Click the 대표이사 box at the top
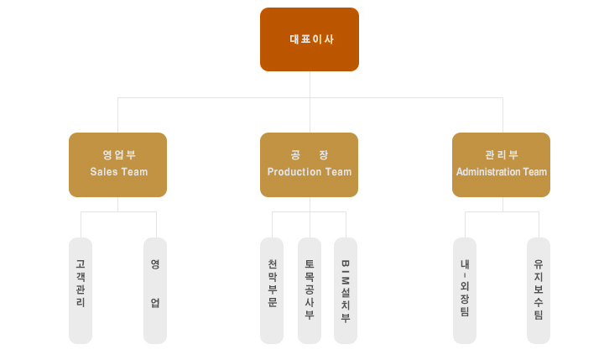[310, 39]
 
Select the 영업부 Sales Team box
[118, 165]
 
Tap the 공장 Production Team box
[309, 165]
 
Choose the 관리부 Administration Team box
[501, 165]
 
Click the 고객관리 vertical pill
[81, 290]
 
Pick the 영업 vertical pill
[155, 290]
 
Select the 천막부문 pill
[272, 290]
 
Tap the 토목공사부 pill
[310, 290]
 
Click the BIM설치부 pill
[346, 290]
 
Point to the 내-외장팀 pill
[465, 290]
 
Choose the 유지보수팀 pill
[539, 290]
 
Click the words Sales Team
[119, 172]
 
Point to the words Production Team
[310, 172]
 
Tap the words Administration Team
[502, 172]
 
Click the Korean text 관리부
[502, 155]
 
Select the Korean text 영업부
[119, 155]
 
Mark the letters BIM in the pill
[346, 274]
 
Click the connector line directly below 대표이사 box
[310, 85]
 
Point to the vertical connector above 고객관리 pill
[81, 225]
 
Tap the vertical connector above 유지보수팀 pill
[539, 225]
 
